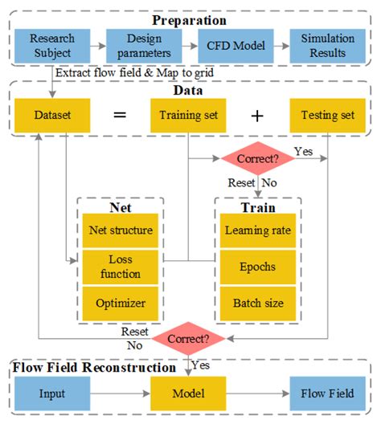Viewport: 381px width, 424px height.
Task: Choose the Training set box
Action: (x=188, y=116)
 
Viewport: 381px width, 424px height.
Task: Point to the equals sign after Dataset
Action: (x=120, y=116)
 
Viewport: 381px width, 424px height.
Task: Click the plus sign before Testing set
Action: (x=257, y=116)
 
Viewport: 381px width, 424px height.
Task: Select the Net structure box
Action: (x=120, y=230)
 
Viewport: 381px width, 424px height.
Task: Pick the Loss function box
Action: (x=120, y=267)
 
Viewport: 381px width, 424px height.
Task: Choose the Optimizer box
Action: (x=120, y=304)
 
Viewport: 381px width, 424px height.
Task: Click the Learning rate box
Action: (x=256, y=230)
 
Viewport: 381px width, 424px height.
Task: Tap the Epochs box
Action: (x=256, y=267)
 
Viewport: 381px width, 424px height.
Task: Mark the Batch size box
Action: (x=256, y=304)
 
